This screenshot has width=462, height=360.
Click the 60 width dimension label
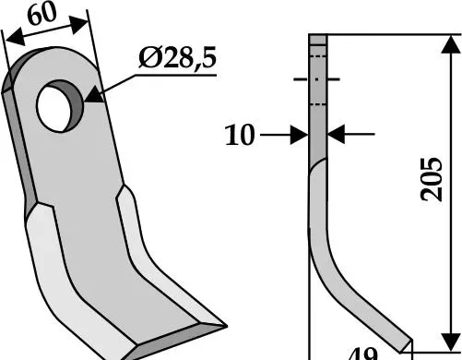pos(42,14)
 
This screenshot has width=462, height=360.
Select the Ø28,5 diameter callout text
pos(178,57)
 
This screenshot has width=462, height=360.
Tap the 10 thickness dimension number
pos(240,135)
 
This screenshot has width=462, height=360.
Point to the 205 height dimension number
pos(432,179)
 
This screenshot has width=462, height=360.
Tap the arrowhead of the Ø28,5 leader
pos(94,95)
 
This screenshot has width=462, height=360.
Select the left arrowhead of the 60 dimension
pos(15,37)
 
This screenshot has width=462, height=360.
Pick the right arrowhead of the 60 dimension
pos(78,25)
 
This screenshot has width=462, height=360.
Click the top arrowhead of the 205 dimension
pos(451,45)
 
